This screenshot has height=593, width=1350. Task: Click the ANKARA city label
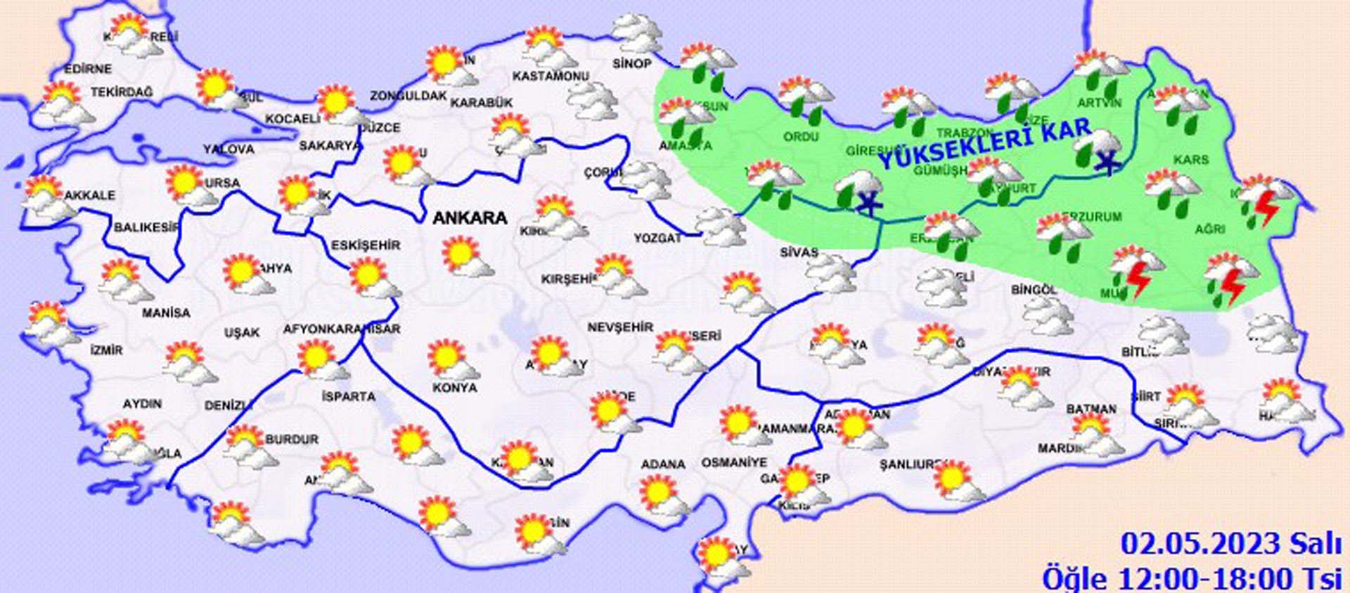tap(470, 218)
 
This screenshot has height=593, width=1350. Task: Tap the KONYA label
tap(454, 388)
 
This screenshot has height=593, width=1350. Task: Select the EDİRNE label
tap(88, 69)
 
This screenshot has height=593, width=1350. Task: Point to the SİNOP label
tap(631, 64)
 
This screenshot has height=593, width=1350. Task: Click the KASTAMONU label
tap(550, 76)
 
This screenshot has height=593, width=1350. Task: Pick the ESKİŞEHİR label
tap(366, 246)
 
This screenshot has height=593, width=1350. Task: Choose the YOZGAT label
tap(657, 238)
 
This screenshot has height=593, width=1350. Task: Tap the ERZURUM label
tap(1092, 217)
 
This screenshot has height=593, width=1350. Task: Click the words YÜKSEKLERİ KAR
tap(985, 146)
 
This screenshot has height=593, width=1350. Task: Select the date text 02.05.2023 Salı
tap(1230, 544)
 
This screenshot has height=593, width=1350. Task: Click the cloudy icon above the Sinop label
tap(636, 32)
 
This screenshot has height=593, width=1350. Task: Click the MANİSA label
tap(166, 312)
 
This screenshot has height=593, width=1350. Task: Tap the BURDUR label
tap(292, 440)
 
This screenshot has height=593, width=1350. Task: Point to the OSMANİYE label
tap(734, 463)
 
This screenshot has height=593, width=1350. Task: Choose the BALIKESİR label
tap(146, 228)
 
